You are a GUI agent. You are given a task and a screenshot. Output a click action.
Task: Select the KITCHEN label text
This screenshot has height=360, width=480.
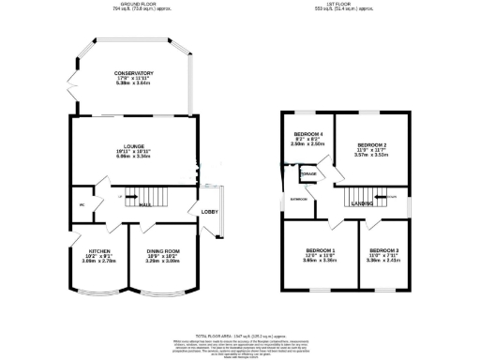pyautogui.click(x=101, y=251)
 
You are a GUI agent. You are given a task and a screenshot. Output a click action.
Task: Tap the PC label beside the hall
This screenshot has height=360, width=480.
pyautogui.click(x=82, y=201)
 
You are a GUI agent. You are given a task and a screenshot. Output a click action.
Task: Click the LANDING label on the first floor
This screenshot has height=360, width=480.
pyautogui.click(x=362, y=202)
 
